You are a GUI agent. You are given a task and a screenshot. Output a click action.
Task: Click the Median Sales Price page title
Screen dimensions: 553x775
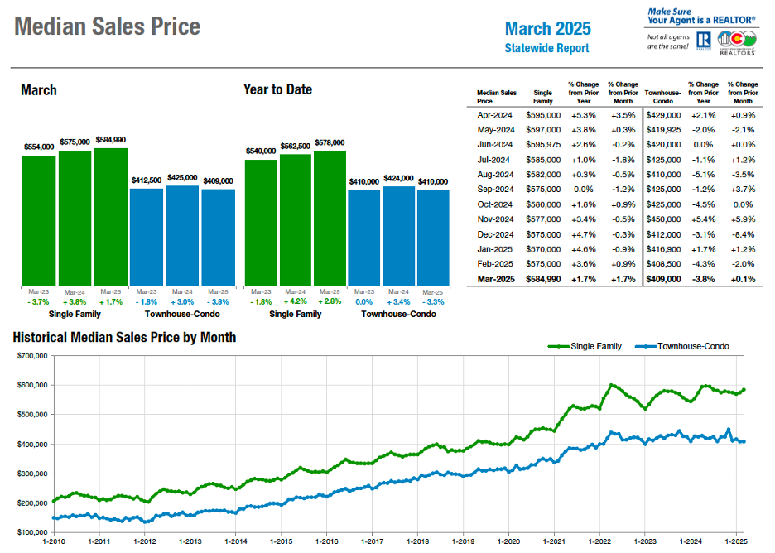click(x=108, y=26)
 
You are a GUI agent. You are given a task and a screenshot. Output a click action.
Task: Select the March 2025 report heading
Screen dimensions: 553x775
click(x=547, y=29)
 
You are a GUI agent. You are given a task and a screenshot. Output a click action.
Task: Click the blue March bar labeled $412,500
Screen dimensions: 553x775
click(x=147, y=237)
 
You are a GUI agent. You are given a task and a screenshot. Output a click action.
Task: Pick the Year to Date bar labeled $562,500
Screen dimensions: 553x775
click(x=296, y=219)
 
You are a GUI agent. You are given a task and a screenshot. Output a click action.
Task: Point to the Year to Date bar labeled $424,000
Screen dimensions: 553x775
click(x=398, y=236)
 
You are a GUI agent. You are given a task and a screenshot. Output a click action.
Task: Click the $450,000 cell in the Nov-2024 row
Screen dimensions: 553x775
click(x=662, y=219)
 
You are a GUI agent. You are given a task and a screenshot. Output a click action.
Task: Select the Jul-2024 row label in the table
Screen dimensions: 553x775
click(x=496, y=160)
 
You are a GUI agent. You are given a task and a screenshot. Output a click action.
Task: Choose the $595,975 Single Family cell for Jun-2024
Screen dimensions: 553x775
click(x=543, y=145)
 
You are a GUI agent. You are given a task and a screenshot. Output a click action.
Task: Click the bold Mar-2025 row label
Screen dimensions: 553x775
click(x=496, y=279)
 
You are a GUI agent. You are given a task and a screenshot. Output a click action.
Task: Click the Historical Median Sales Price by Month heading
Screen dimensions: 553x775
click(x=124, y=337)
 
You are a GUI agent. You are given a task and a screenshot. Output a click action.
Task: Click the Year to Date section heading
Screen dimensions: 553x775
click(x=277, y=89)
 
